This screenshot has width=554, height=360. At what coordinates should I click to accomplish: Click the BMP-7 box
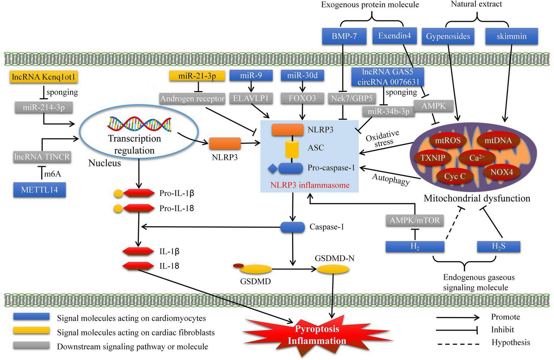344,36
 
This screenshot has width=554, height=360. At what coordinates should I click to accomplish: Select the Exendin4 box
395,36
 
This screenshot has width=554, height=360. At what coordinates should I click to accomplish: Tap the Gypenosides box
448,36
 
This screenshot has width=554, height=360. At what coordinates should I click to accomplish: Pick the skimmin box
511,36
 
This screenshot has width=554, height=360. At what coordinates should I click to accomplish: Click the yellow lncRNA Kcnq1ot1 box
43,77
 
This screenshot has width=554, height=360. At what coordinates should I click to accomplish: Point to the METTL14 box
39,190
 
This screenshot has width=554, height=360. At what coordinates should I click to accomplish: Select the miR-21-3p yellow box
197,76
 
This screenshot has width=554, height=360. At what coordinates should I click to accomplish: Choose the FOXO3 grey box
302,98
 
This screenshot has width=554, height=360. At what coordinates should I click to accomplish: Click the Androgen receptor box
192,99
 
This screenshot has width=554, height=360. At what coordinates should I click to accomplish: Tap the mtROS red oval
448,141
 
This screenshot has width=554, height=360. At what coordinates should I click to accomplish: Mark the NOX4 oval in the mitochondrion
501,172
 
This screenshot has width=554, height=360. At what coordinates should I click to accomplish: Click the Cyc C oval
455,176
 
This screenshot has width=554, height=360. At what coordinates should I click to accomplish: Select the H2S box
498,246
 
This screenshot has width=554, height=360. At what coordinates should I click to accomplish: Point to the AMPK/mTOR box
415,220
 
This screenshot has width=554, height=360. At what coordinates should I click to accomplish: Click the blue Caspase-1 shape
292,227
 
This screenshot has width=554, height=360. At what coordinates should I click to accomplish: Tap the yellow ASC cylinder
292,149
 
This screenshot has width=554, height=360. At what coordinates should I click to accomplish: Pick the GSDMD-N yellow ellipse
333,269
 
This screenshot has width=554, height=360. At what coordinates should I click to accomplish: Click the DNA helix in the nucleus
139,124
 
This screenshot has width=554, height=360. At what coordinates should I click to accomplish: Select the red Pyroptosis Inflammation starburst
317,335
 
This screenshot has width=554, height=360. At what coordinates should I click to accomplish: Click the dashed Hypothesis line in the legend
458,344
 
